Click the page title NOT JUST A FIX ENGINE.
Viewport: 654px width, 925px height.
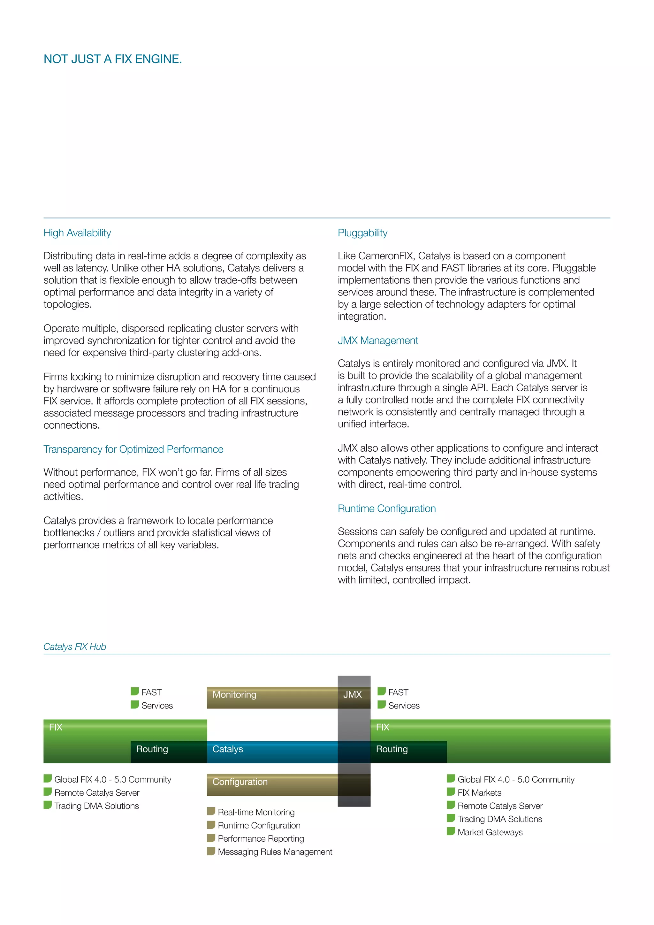click(112, 59)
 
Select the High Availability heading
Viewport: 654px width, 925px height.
click(77, 233)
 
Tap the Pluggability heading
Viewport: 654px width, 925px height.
click(362, 233)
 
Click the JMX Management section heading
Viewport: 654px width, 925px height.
click(377, 340)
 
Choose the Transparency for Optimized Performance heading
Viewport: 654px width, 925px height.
click(133, 449)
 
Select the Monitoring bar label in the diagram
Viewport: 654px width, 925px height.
click(234, 695)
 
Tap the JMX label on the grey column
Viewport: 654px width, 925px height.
click(352, 695)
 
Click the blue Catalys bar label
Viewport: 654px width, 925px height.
click(228, 749)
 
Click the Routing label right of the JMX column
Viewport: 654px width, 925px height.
click(392, 749)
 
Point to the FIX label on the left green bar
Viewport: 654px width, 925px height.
click(56, 727)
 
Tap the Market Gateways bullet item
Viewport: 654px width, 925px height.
click(490, 832)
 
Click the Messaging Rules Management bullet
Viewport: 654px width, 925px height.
click(275, 852)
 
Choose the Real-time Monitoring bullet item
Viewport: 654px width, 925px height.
click(256, 812)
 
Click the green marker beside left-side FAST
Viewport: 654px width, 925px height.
click(134, 691)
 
